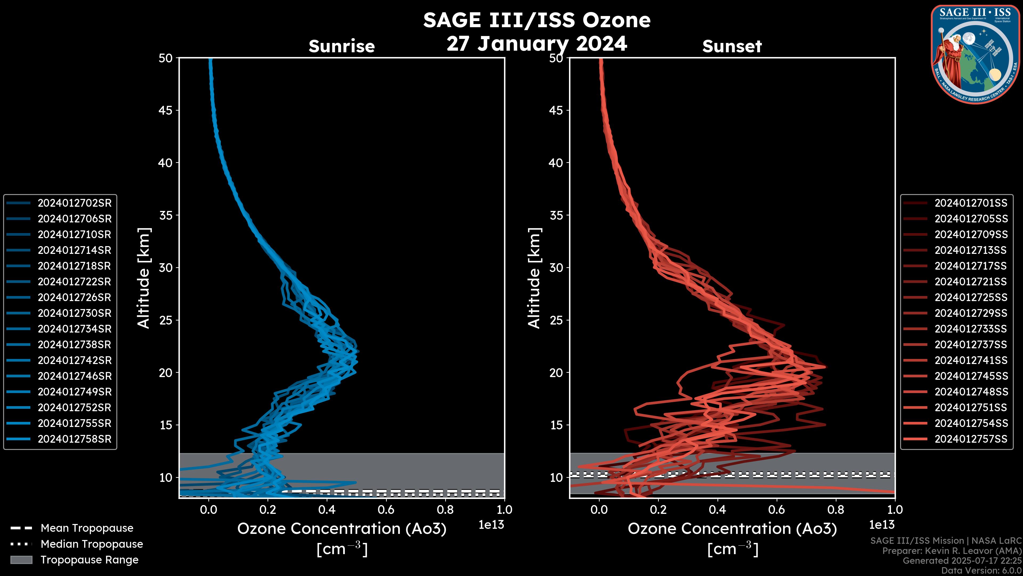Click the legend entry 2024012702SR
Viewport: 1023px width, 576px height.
pos(74,203)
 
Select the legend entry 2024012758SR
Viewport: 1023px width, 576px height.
pos(74,439)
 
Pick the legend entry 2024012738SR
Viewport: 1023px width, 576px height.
pos(74,345)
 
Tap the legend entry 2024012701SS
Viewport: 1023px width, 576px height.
pos(971,203)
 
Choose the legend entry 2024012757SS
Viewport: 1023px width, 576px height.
pos(971,439)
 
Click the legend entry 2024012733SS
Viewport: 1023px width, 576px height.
pos(971,329)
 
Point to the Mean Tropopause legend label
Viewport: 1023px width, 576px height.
pos(87,528)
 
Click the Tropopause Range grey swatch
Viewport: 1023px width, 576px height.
pos(21,560)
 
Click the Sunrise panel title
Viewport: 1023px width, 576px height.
pos(342,46)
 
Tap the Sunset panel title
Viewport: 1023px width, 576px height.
pos(732,46)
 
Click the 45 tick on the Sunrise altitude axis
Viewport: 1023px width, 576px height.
pos(166,110)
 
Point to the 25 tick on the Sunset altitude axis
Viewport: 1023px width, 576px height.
pos(556,320)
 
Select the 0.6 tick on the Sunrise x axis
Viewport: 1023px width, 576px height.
pos(386,510)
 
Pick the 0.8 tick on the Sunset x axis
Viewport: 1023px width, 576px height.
pos(835,510)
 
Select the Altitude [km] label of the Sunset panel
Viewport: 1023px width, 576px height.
pos(534,278)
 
